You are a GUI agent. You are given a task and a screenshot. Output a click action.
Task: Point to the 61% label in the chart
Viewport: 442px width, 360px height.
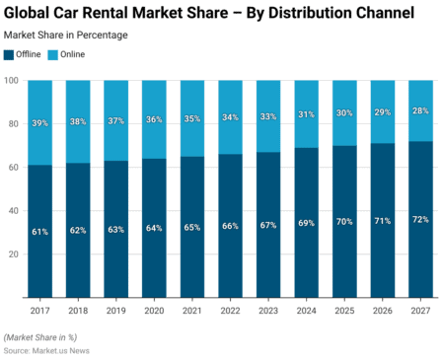click(40, 231)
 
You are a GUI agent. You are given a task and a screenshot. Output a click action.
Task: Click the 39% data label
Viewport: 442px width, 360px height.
click(40, 122)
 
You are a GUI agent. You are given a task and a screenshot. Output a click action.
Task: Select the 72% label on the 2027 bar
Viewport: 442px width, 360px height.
click(421, 219)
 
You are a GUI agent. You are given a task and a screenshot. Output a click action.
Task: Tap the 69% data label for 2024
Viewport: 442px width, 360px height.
click(307, 223)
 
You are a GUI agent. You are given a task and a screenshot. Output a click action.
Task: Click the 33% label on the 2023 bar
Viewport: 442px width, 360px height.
click(268, 116)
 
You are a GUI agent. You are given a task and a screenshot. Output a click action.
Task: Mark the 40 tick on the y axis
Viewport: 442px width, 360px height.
click(13, 210)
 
